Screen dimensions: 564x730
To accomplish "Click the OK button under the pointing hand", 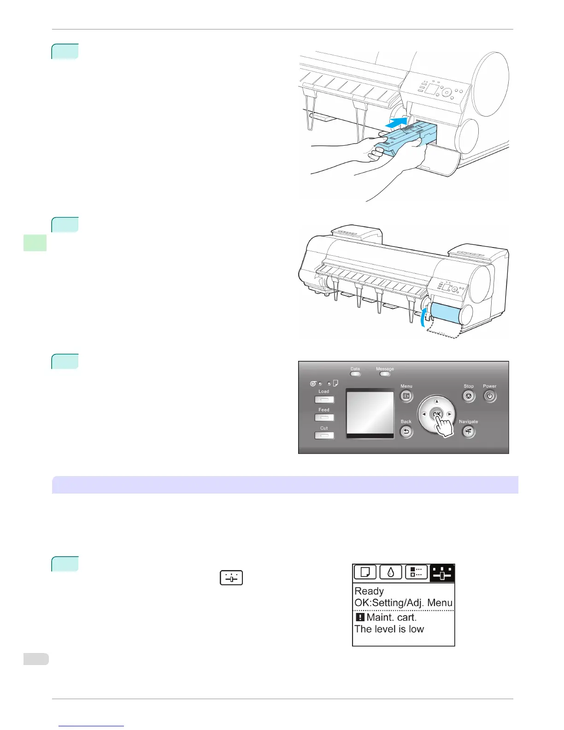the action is pos(436,414).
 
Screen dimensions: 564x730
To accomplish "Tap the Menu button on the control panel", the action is pos(406,396).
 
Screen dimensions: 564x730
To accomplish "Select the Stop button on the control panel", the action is pos(469,396).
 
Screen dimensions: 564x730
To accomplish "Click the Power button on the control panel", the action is pos(490,396).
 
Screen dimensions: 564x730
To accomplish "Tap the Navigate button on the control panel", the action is pos(469,432).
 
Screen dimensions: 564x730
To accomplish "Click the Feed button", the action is pos(324,418).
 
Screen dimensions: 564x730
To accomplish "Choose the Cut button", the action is pos(324,436).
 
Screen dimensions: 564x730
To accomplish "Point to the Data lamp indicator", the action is pos(355,374).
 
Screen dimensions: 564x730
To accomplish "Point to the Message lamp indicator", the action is pos(385,374).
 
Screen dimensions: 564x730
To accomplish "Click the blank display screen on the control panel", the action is pos(370,412).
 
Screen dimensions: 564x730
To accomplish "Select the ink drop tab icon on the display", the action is pos(391,572).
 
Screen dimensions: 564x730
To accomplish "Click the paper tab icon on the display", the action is pos(365,572).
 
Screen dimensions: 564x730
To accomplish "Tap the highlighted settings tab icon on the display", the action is pos(442,573).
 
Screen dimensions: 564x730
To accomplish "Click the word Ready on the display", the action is pos(369,591).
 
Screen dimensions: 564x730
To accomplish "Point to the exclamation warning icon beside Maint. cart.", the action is pos(360,617).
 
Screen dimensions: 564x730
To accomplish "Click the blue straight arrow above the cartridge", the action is pos(396,123).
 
